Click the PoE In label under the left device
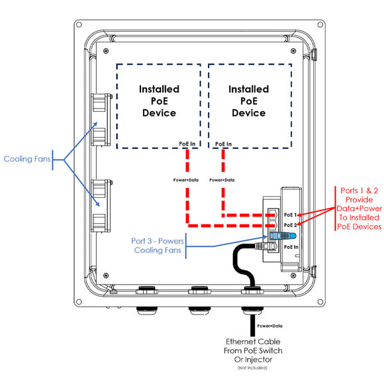187,143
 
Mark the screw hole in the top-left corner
79,24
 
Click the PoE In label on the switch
291,246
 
